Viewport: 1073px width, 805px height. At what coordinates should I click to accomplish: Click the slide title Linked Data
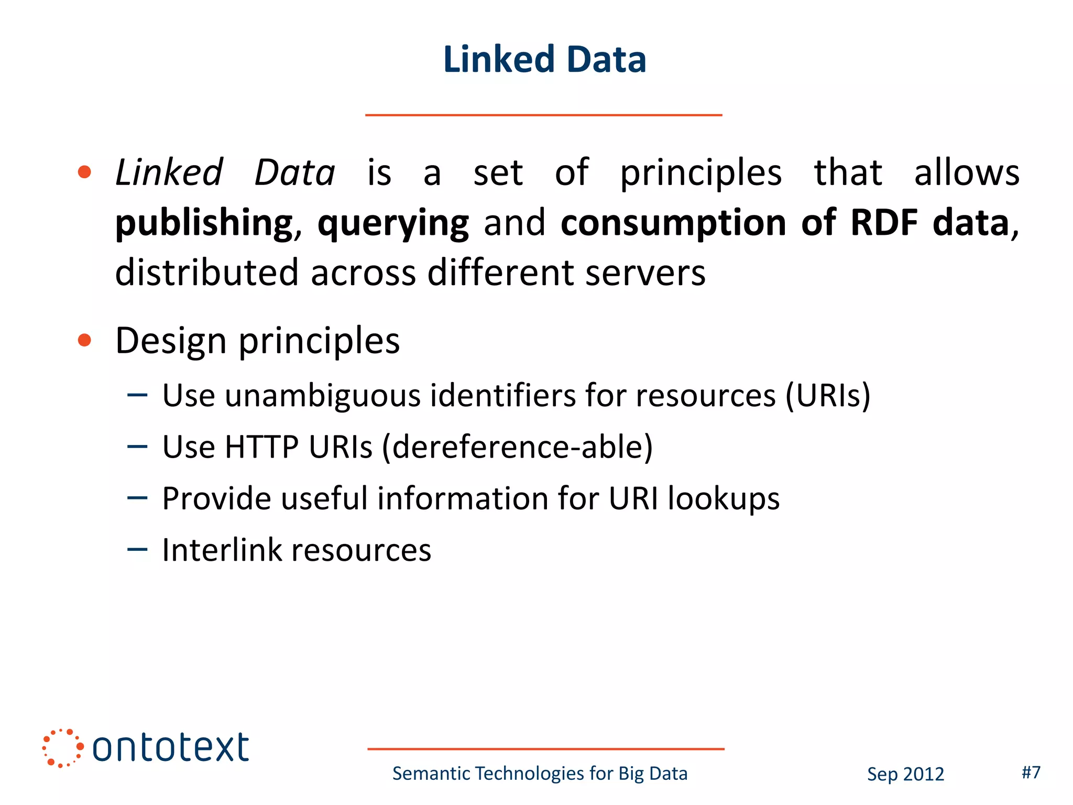(544, 59)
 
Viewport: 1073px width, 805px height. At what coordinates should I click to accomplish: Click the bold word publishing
(203, 223)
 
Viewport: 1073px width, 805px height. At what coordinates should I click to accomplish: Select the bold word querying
(393, 223)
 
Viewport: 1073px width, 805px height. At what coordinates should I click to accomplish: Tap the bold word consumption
(673, 222)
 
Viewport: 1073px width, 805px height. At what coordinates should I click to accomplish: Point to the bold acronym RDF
(884, 222)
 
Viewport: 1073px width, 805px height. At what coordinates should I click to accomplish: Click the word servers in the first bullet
(645, 273)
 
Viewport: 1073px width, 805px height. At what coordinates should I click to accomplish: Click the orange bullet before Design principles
(84, 341)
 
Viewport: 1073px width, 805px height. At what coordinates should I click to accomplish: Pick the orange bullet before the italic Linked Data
(84, 172)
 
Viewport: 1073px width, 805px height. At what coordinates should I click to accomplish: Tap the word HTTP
(261, 447)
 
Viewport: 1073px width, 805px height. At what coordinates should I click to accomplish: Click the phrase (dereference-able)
(517, 447)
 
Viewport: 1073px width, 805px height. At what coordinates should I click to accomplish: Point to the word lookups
(724, 498)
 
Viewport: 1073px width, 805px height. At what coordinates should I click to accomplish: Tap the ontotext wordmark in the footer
(170, 748)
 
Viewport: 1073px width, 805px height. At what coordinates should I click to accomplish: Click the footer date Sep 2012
(905, 774)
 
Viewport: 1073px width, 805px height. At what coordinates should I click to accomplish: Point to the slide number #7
(1031, 772)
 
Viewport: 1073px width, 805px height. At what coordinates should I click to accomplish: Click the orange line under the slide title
(543, 115)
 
